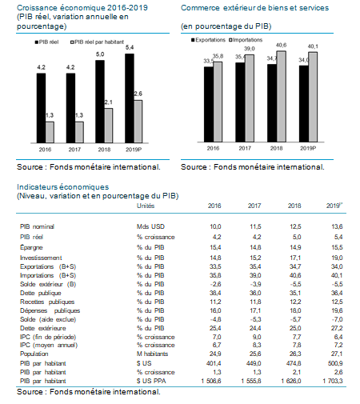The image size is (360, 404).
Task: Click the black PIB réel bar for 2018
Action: [x=100, y=102]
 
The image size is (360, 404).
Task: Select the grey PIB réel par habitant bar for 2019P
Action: [x=138, y=122]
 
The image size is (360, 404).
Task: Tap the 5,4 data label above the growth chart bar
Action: [x=130, y=47]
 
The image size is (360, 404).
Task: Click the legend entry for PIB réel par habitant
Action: [x=97, y=42]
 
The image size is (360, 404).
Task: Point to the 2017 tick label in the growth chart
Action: [x=74, y=150]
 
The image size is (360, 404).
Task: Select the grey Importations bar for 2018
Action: [x=282, y=96]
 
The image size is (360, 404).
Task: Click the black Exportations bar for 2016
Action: [x=209, y=104]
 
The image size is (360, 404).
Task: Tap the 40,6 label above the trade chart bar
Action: [x=281, y=46]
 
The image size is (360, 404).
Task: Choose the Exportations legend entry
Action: [x=208, y=40]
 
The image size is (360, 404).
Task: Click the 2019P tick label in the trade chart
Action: [x=308, y=148]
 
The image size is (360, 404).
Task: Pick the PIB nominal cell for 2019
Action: [x=337, y=226]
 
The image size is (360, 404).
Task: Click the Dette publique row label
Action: [x=41, y=293]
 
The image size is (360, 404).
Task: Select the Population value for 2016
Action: [x=215, y=354]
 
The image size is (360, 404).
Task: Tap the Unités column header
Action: [x=146, y=206]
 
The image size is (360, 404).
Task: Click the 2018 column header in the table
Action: [x=294, y=206]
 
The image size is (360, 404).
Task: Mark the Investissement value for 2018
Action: [x=295, y=258]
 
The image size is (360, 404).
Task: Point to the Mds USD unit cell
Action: [x=150, y=226]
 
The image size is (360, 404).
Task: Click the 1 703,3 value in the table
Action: [x=333, y=381]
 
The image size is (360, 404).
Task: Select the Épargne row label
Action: [x=31, y=248]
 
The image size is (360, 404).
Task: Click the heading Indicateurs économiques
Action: [x=63, y=187]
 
